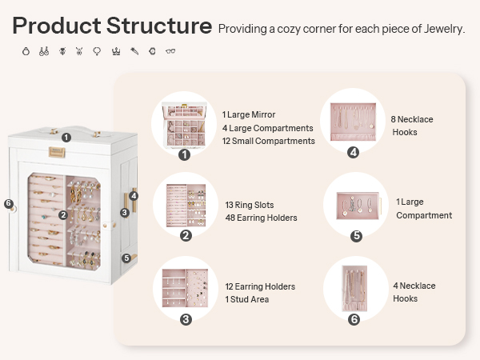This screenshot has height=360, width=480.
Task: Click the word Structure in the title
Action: click(159, 26)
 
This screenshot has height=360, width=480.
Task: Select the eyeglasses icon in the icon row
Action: click(170, 51)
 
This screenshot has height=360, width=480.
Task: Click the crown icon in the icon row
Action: click(116, 51)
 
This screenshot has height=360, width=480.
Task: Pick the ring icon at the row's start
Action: click(26, 51)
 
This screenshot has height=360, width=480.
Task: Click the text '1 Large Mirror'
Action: click(249, 114)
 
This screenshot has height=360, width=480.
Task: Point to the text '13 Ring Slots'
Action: click(250, 205)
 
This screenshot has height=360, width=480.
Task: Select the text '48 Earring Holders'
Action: click(261, 218)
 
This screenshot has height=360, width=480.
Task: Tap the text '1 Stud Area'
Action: click(247, 299)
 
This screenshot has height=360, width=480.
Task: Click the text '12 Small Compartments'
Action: click(269, 141)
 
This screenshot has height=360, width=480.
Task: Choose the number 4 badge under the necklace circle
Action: click(354, 152)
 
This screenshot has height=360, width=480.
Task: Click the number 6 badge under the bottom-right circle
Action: click(354, 319)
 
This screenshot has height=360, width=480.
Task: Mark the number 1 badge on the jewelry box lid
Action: click(66, 138)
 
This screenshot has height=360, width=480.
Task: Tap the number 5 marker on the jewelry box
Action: click(126, 258)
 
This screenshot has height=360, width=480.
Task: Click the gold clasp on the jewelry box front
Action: click(57, 152)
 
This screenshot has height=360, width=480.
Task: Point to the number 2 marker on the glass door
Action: click(63, 215)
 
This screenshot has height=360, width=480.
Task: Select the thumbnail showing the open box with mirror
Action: click(184, 125)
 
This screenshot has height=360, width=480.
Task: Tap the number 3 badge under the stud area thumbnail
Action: click(186, 319)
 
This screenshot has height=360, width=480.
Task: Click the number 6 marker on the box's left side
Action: click(9, 203)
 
